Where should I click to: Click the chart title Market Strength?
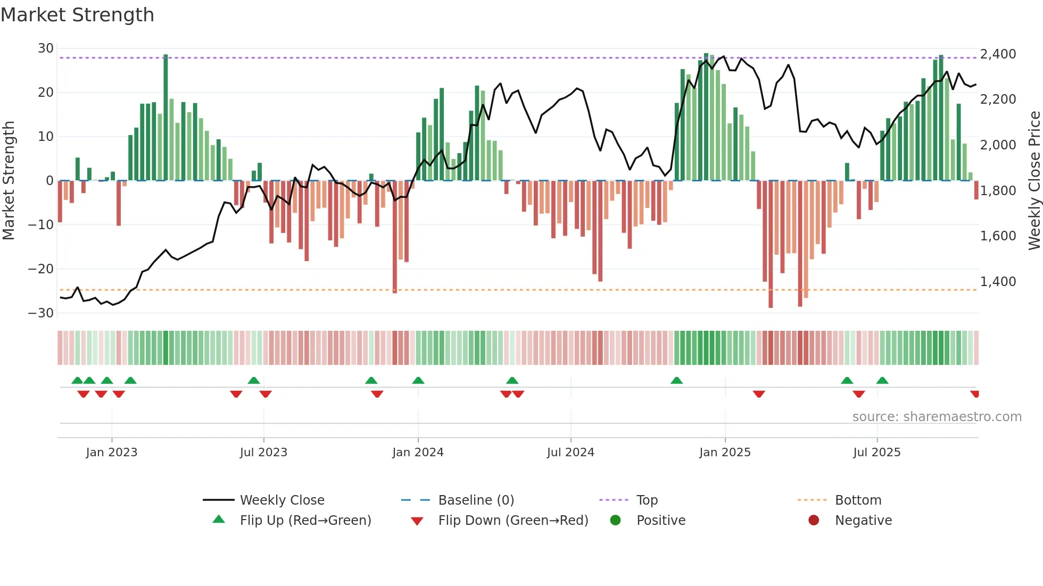[77, 15]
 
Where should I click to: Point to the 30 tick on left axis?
[46, 48]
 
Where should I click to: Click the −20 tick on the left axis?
[42, 269]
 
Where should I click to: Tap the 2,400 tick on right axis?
[998, 54]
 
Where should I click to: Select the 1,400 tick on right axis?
[998, 282]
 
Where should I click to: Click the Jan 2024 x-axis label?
[418, 453]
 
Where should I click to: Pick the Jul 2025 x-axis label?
[876, 453]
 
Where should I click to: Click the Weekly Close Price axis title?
[1034, 180]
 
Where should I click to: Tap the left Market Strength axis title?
[9, 180]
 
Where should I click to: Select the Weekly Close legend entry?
[282, 500]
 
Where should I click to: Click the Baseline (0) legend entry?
[476, 500]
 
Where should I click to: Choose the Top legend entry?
[647, 500]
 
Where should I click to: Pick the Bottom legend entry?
[858, 500]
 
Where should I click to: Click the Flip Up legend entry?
[305, 521]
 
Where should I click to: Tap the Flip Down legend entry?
[513, 521]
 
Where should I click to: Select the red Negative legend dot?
[814, 521]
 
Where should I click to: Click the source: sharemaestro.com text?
[937, 417]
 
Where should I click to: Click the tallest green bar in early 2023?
[165, 117]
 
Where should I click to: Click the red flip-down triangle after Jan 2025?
[759, 394]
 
